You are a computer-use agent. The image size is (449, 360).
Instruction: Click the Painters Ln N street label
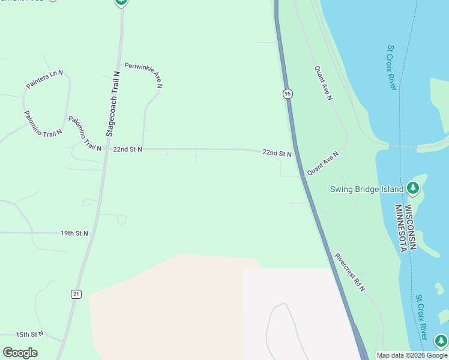44,80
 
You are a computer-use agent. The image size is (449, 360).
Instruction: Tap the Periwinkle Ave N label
143,75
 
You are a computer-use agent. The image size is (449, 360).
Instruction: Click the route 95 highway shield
288,94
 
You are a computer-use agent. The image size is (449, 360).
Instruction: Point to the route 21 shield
76,293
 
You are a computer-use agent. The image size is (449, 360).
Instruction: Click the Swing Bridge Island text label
367,189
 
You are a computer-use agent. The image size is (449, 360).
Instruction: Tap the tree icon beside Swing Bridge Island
412,188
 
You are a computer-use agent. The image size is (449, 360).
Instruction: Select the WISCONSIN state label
411,227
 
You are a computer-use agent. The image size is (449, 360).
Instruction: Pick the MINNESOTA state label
400,229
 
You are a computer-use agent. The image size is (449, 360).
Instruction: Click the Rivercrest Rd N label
350,272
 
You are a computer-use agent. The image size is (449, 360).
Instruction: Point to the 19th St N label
74,233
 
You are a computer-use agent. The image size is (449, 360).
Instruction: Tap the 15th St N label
30,334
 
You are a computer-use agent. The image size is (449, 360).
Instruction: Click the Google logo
20,353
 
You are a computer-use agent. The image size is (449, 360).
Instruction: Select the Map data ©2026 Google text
412,355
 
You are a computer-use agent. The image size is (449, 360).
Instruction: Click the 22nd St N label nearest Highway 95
277,153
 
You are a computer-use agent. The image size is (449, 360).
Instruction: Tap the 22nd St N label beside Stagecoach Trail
127,149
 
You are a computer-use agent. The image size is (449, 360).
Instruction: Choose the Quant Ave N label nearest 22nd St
323,163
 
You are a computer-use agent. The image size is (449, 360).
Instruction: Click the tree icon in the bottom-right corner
441,341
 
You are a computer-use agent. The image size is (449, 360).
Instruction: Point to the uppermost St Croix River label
392,67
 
